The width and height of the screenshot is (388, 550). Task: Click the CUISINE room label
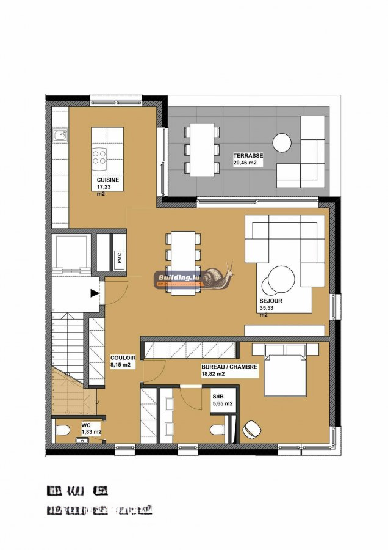[107, 181]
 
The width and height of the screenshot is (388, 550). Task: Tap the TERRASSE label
[248, 156]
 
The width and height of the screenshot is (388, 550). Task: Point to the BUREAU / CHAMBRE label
[229, 367]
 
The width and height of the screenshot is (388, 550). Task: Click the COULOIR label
[123, 358]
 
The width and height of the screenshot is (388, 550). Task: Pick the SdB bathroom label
[218, 396]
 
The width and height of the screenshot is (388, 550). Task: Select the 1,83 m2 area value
[92, 432]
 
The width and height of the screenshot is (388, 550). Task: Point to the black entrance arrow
[95, 293]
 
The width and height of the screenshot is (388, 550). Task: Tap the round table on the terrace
[282, 142]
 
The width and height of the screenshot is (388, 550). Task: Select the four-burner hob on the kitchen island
[100, 158]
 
